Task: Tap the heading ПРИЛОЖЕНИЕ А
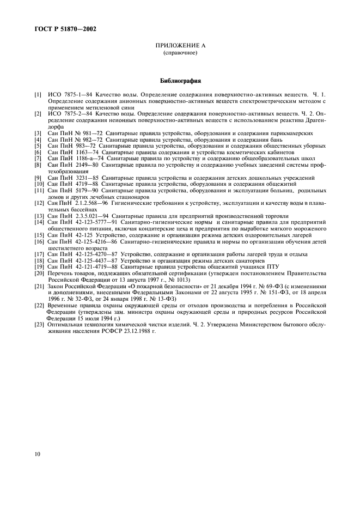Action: tap(180, 48)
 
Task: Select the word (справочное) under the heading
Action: tap(180, 54)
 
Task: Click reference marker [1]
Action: tap(38, 95)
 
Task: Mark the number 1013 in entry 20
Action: tap(178, 280)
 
